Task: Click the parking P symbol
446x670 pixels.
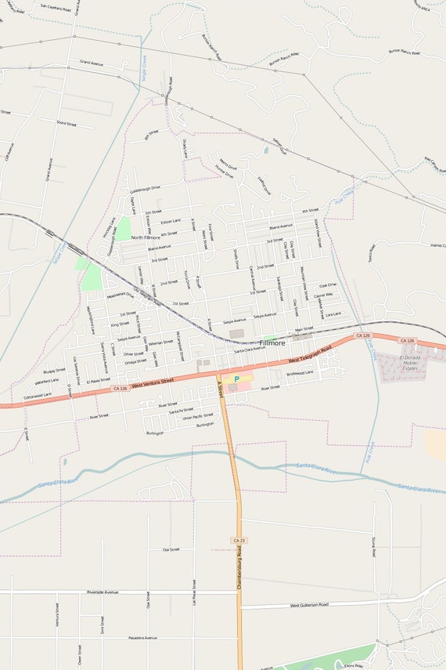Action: [x=236, y=378]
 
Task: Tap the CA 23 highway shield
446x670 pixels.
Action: [x=239, y=541]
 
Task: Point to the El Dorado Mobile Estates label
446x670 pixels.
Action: [x=411, y=362]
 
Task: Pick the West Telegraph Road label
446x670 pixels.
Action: [x=310, y=354]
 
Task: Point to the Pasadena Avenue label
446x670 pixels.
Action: [x=140, y=638]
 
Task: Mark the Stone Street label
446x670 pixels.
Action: [x=67, y=123]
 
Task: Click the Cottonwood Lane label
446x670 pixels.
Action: [x=38, y=396]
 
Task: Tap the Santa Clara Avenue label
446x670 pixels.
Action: [x=250, y=349]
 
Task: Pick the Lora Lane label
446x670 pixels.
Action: [x=333, y=313]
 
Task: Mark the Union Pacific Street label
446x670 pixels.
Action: [x=197, y=417]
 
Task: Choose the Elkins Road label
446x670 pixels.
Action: [x=353, y=665]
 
